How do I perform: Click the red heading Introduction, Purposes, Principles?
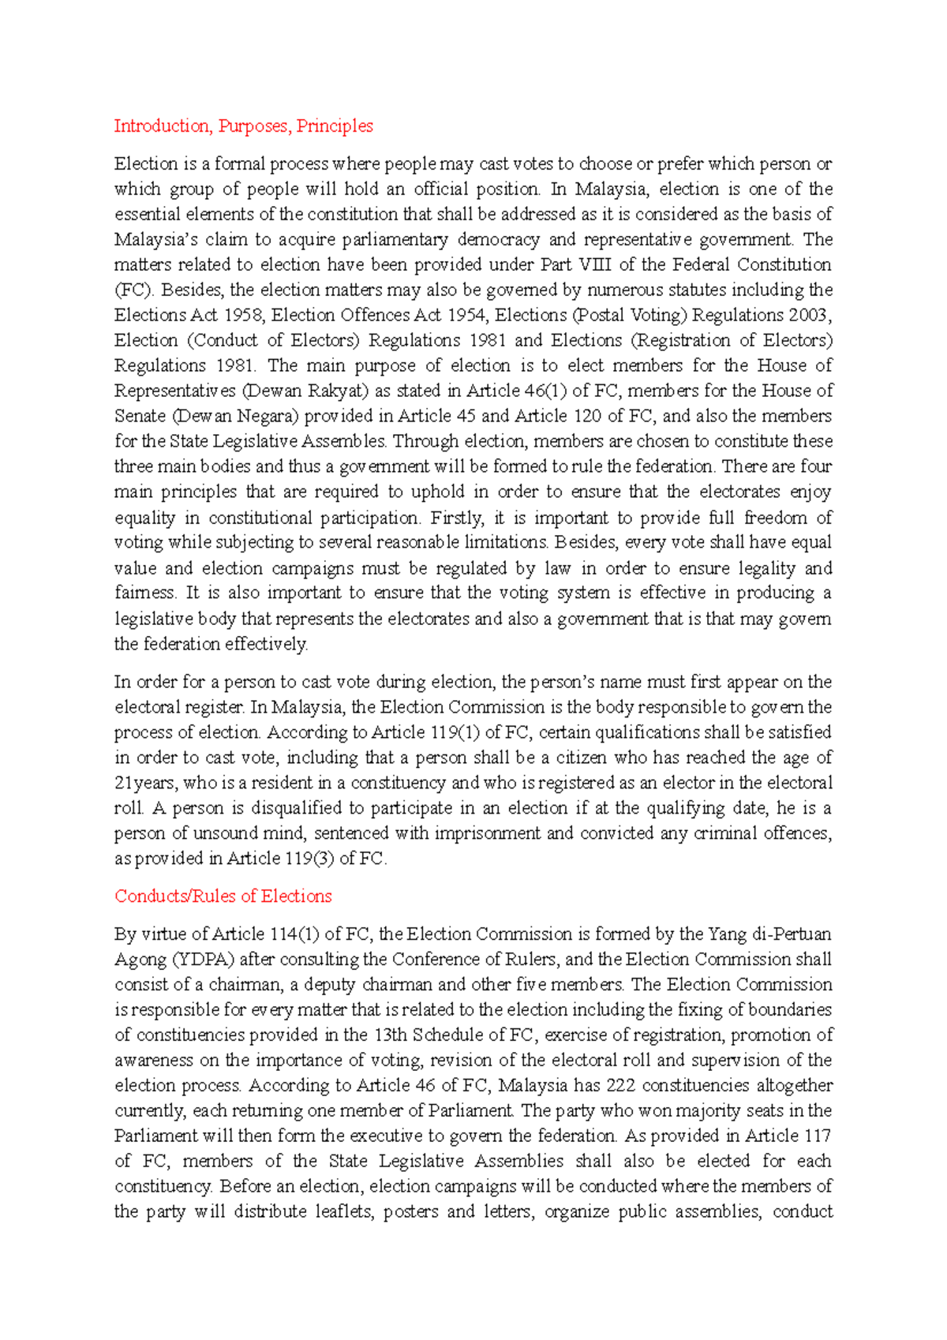[x=243, y=126]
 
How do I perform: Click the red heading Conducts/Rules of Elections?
[x=223, y=896]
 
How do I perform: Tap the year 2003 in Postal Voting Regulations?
[x=807, y=316]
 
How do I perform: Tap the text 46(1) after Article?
[x=541, y=391]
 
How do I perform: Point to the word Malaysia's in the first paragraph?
[x=155, y=240]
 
